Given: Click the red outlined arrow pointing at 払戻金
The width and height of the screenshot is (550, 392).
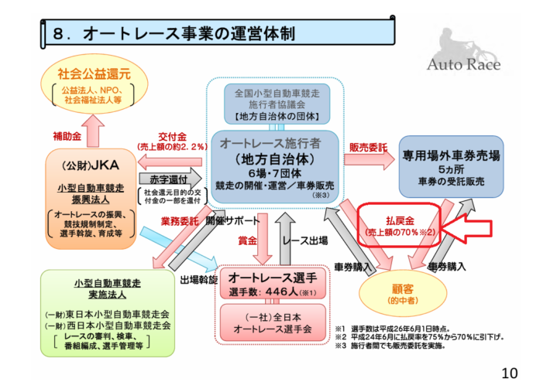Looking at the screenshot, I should tap(473, 227).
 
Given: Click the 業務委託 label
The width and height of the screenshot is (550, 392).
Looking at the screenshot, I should tap(177, 220).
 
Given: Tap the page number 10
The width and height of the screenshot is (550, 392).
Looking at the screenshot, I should tap(508, 373).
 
